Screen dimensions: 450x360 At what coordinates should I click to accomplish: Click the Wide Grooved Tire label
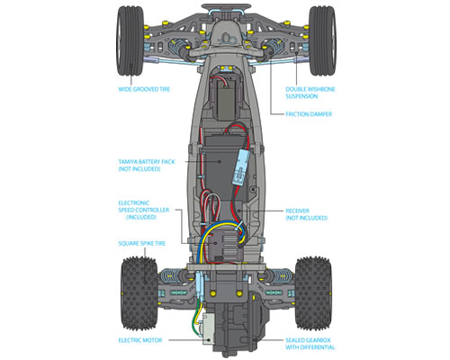coord(144,89)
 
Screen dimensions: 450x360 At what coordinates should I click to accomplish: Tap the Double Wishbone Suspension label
coord(310,93)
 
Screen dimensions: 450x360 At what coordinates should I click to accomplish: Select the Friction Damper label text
coord(309,114)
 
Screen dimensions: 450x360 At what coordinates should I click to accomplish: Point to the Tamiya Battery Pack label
coord(147,166)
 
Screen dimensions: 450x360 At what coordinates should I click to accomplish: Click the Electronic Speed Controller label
coord(144,210)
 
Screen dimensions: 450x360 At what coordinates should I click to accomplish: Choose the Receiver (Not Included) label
coord(306,214)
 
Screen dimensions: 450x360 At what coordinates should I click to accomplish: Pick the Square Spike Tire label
coord(142,243)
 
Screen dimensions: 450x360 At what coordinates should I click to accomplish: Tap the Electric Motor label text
coord(140,340)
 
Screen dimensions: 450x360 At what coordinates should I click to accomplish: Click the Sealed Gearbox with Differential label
coord(310,344)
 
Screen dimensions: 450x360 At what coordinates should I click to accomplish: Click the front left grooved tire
coord(130,40)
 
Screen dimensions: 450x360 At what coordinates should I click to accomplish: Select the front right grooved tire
coord(322,40)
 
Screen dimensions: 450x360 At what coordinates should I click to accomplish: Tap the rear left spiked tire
coord(139,293)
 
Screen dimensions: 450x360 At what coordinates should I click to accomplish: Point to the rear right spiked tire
coord(313,293)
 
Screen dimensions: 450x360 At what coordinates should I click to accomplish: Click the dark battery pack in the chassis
coord(220,168)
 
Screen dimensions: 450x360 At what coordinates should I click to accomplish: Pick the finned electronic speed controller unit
coord(226,246)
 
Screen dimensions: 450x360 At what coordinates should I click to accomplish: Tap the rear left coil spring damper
coord(174,276)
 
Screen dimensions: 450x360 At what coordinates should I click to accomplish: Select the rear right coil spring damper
coord(279,276)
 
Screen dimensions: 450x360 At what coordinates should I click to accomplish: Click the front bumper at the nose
coord(226,8)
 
